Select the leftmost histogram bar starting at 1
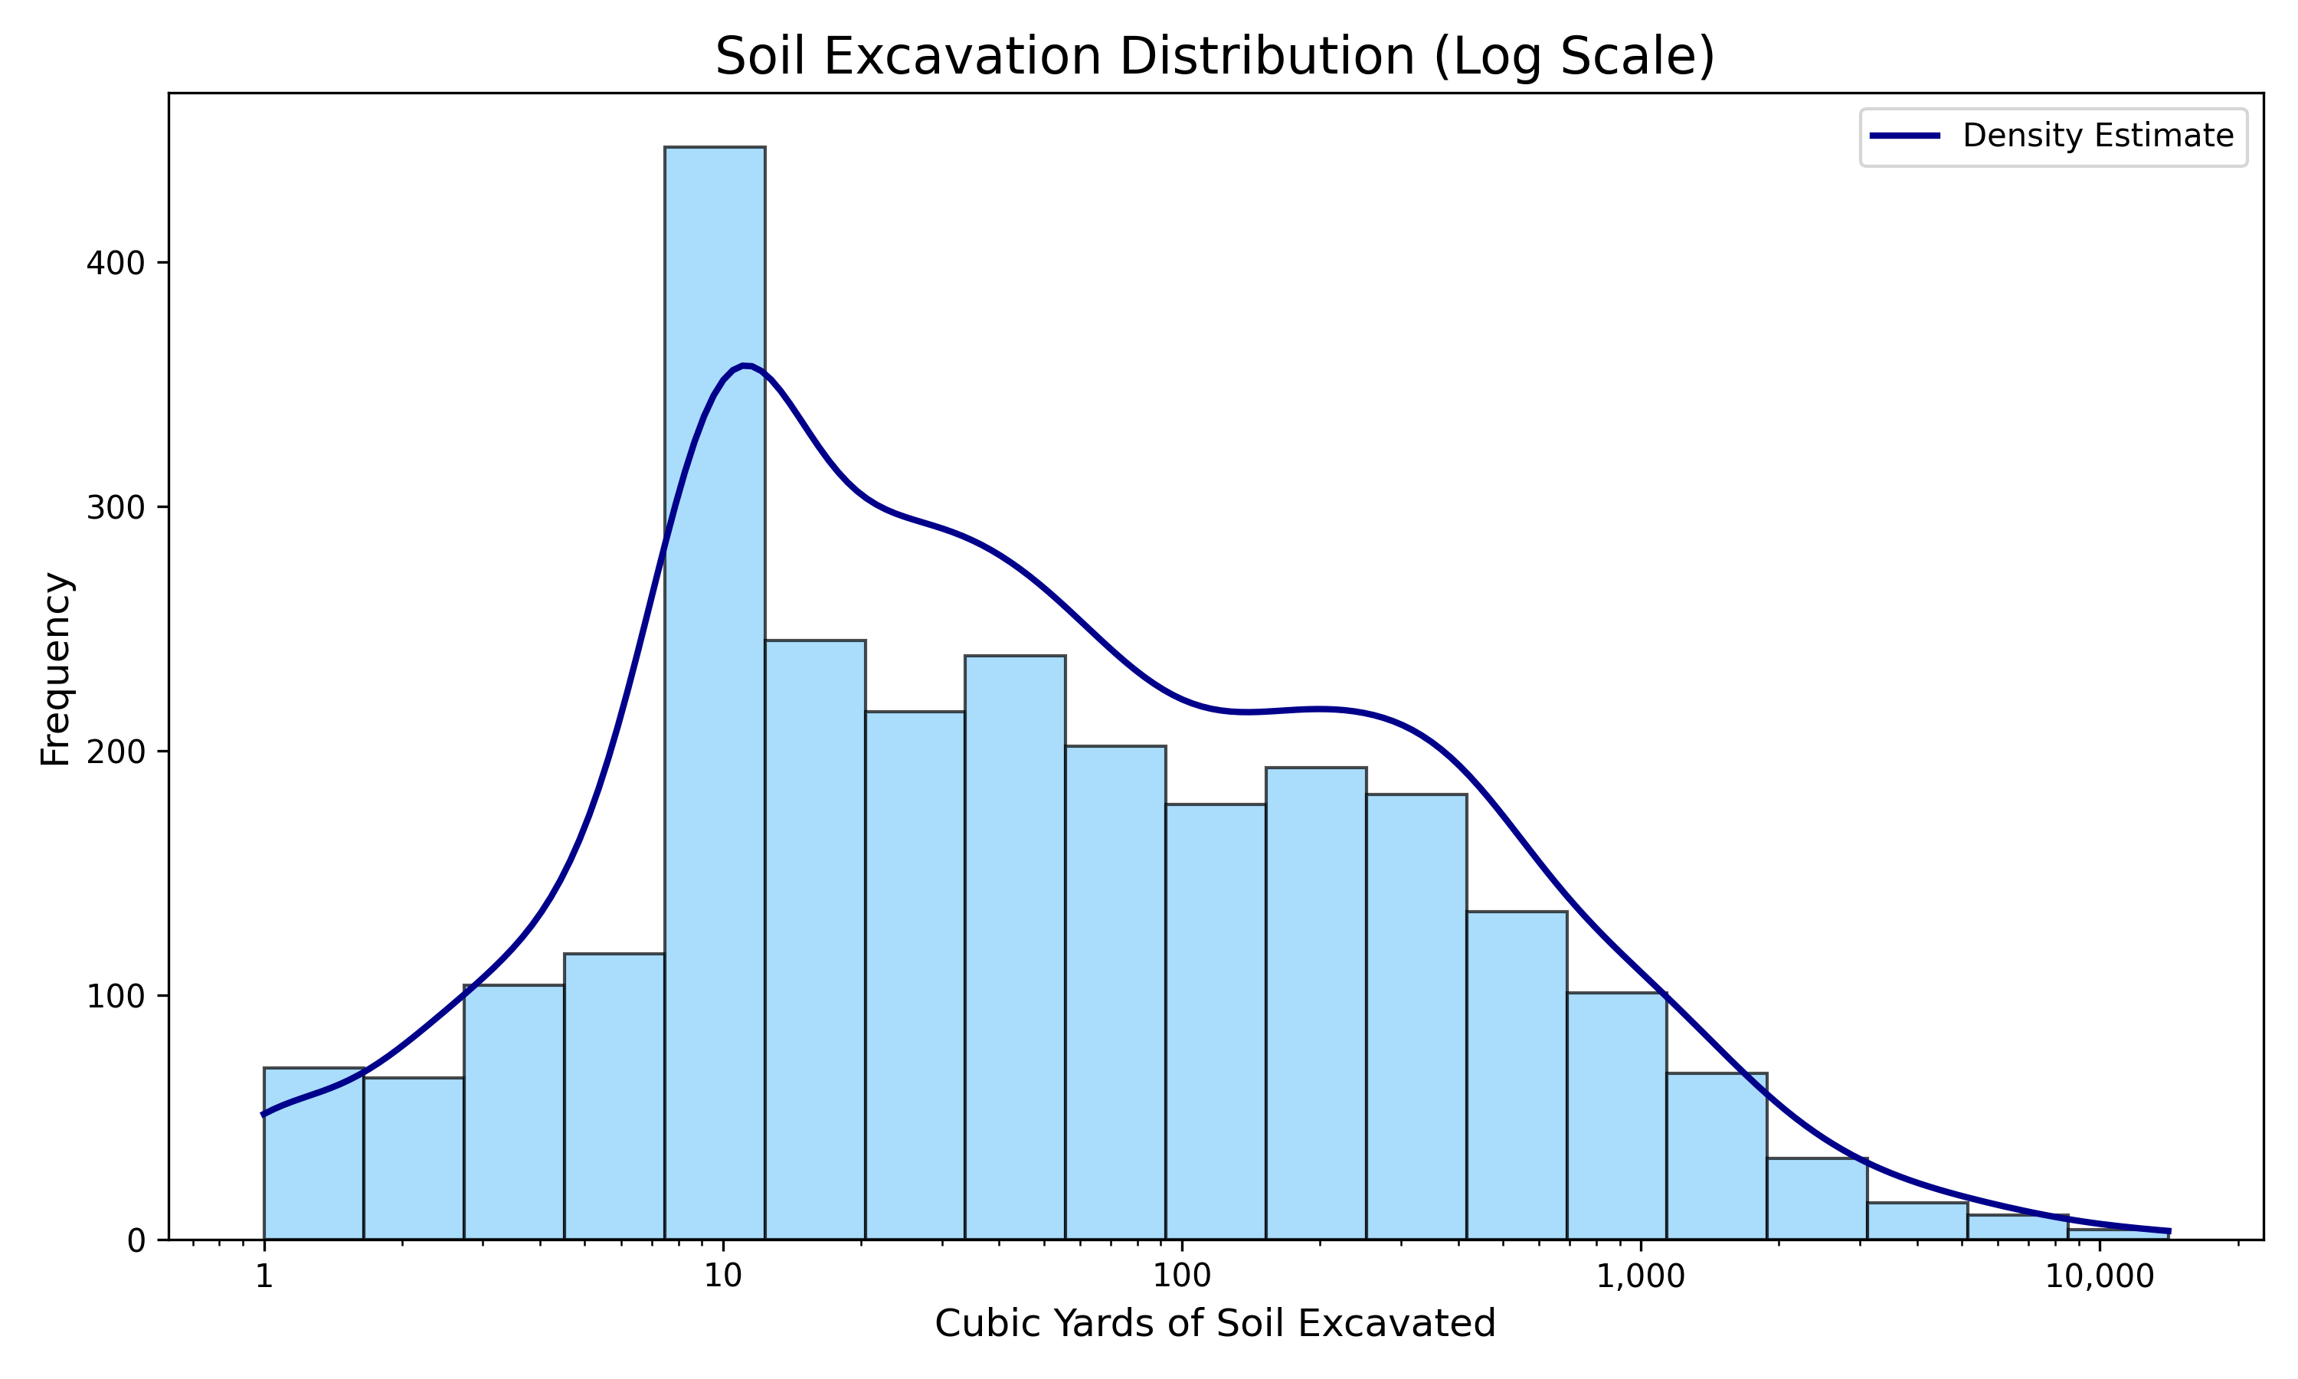click(x=314, y=1153)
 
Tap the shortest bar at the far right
click(x=2117, y=1234)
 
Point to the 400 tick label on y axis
click(x=116, y=264)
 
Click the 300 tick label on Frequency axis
click(x=116, y=508)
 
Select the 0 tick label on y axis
click(x=136, y=1241)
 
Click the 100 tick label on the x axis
click(x=1181, y=1277)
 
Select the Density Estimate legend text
click(x=2097, y=136)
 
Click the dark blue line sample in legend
click(x=1905, y=136)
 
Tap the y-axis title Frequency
click(x=56, y=669)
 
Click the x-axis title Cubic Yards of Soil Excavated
click(x=1215, y=1324)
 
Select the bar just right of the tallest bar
click(x=814, y=938)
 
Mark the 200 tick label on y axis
click(x=116, y=752)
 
